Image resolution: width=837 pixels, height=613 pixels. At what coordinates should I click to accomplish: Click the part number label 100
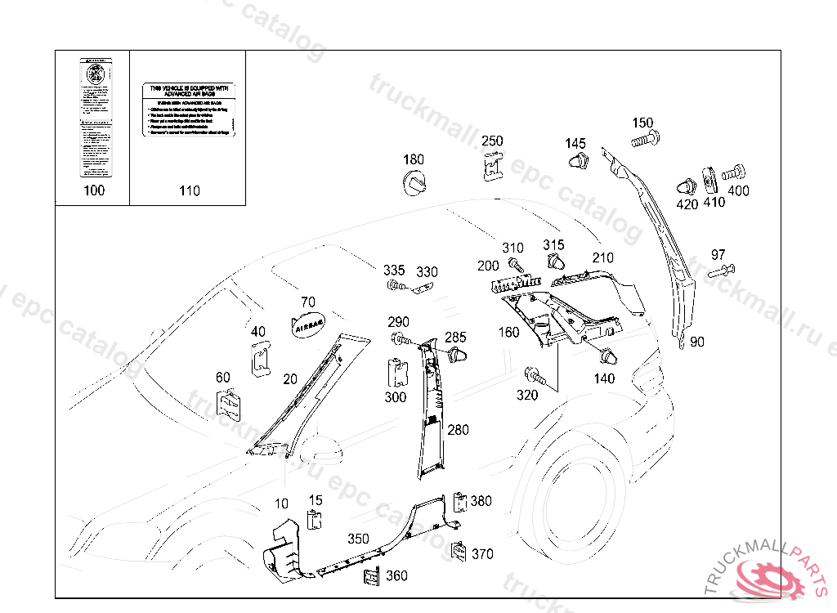pos(95,191)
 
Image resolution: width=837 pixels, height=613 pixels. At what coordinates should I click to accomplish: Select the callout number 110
pos(189,191)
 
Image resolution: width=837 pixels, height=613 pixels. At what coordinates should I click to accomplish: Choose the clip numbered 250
pos(491,166)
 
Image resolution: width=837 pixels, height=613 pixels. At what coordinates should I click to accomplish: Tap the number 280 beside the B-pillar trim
pos(458,430)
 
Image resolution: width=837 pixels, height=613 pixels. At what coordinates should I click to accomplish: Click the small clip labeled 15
pos(314,520)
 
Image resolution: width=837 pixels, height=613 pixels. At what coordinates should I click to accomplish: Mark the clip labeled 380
pos(459,501)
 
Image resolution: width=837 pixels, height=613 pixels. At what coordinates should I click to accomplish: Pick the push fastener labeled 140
pos(608,357)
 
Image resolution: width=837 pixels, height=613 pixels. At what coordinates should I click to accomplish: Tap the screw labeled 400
pos(732,172)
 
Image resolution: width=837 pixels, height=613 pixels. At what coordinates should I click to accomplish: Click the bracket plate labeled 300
pos(397,372)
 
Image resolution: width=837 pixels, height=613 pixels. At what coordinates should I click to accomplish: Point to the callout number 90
pos(697,342)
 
